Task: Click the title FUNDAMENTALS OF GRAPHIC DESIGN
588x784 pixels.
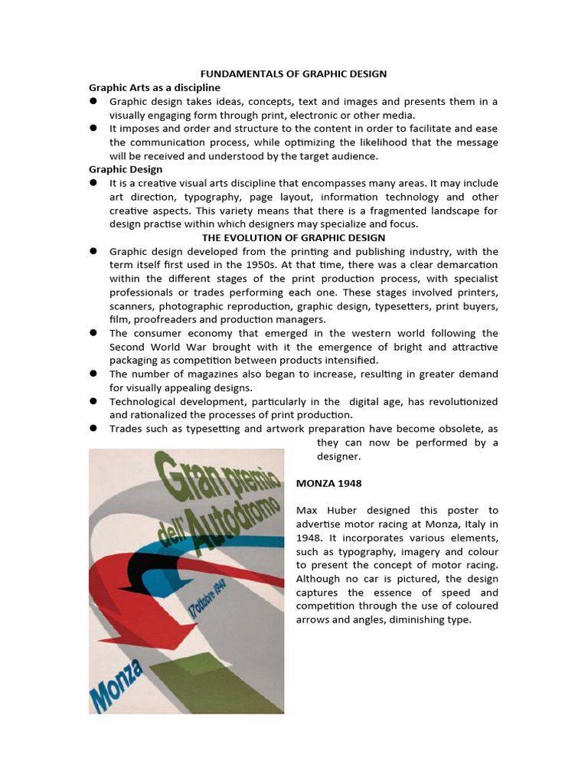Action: [x=293, y=73]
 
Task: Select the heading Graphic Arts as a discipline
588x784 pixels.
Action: [x=154, y=87]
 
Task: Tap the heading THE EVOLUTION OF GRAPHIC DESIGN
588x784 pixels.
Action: [x=293, y=238]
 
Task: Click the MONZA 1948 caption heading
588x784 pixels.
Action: [x=328, y=484]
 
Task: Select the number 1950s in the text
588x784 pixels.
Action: [x=248, y=265]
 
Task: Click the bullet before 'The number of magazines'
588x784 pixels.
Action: [x=93, y=374]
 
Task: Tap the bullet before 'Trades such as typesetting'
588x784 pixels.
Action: [x=93, y=429]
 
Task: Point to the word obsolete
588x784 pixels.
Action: [x=459, y=429]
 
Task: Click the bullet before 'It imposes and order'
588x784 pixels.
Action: [x=93, y=129]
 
